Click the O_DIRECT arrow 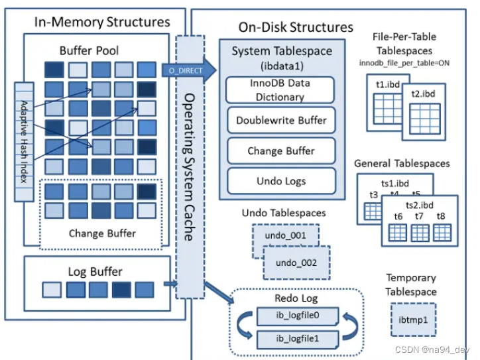point(188,70)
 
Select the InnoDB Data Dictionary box point(280,90)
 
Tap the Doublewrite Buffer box point(281,120)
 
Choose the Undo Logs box point(281,181)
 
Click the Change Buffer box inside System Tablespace point(281,150)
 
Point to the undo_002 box point(296,263)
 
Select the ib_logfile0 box point(298,316)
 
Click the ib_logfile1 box point(298,339)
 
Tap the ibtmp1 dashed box point(413,320)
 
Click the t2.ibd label point(423,93)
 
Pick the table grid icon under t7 point(420,233)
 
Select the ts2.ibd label point(420,205)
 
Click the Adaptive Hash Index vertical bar point(24,142)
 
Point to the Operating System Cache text point(189,167)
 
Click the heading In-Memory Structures point(102,22)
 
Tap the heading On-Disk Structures point(296,27)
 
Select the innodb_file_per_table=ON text point(404,63)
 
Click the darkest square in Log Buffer point(121,290)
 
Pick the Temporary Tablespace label point(411,284)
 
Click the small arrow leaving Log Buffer point(170,284)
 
